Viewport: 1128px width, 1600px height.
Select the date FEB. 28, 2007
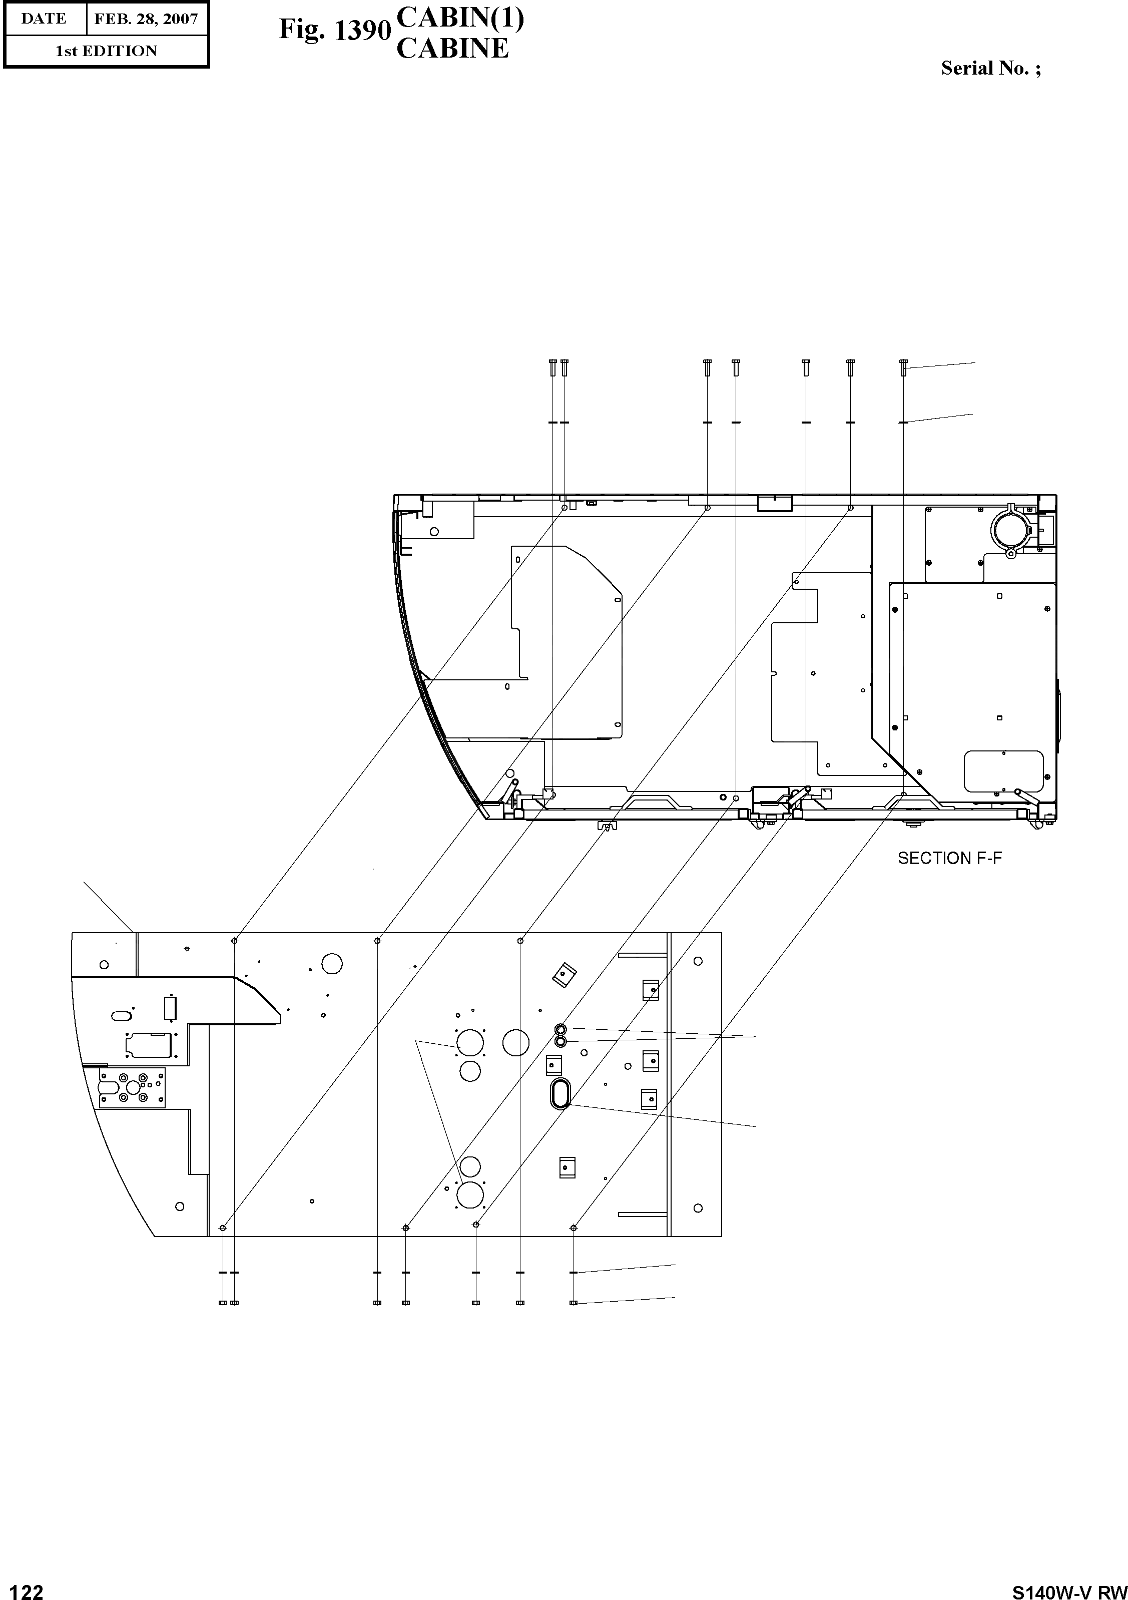coord(146,19)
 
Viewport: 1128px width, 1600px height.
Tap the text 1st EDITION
coord(106,51)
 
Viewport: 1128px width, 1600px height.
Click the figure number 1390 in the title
coord(362,30)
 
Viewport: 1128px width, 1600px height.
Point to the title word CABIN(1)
coord(460,18)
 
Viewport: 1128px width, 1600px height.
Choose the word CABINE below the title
coord(452,48)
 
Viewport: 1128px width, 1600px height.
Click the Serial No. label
coord(991,68)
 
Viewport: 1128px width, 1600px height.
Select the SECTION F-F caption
coord(950,859)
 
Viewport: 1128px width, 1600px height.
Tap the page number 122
coord(23,1591)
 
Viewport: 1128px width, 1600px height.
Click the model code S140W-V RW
coord(1069,1591)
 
